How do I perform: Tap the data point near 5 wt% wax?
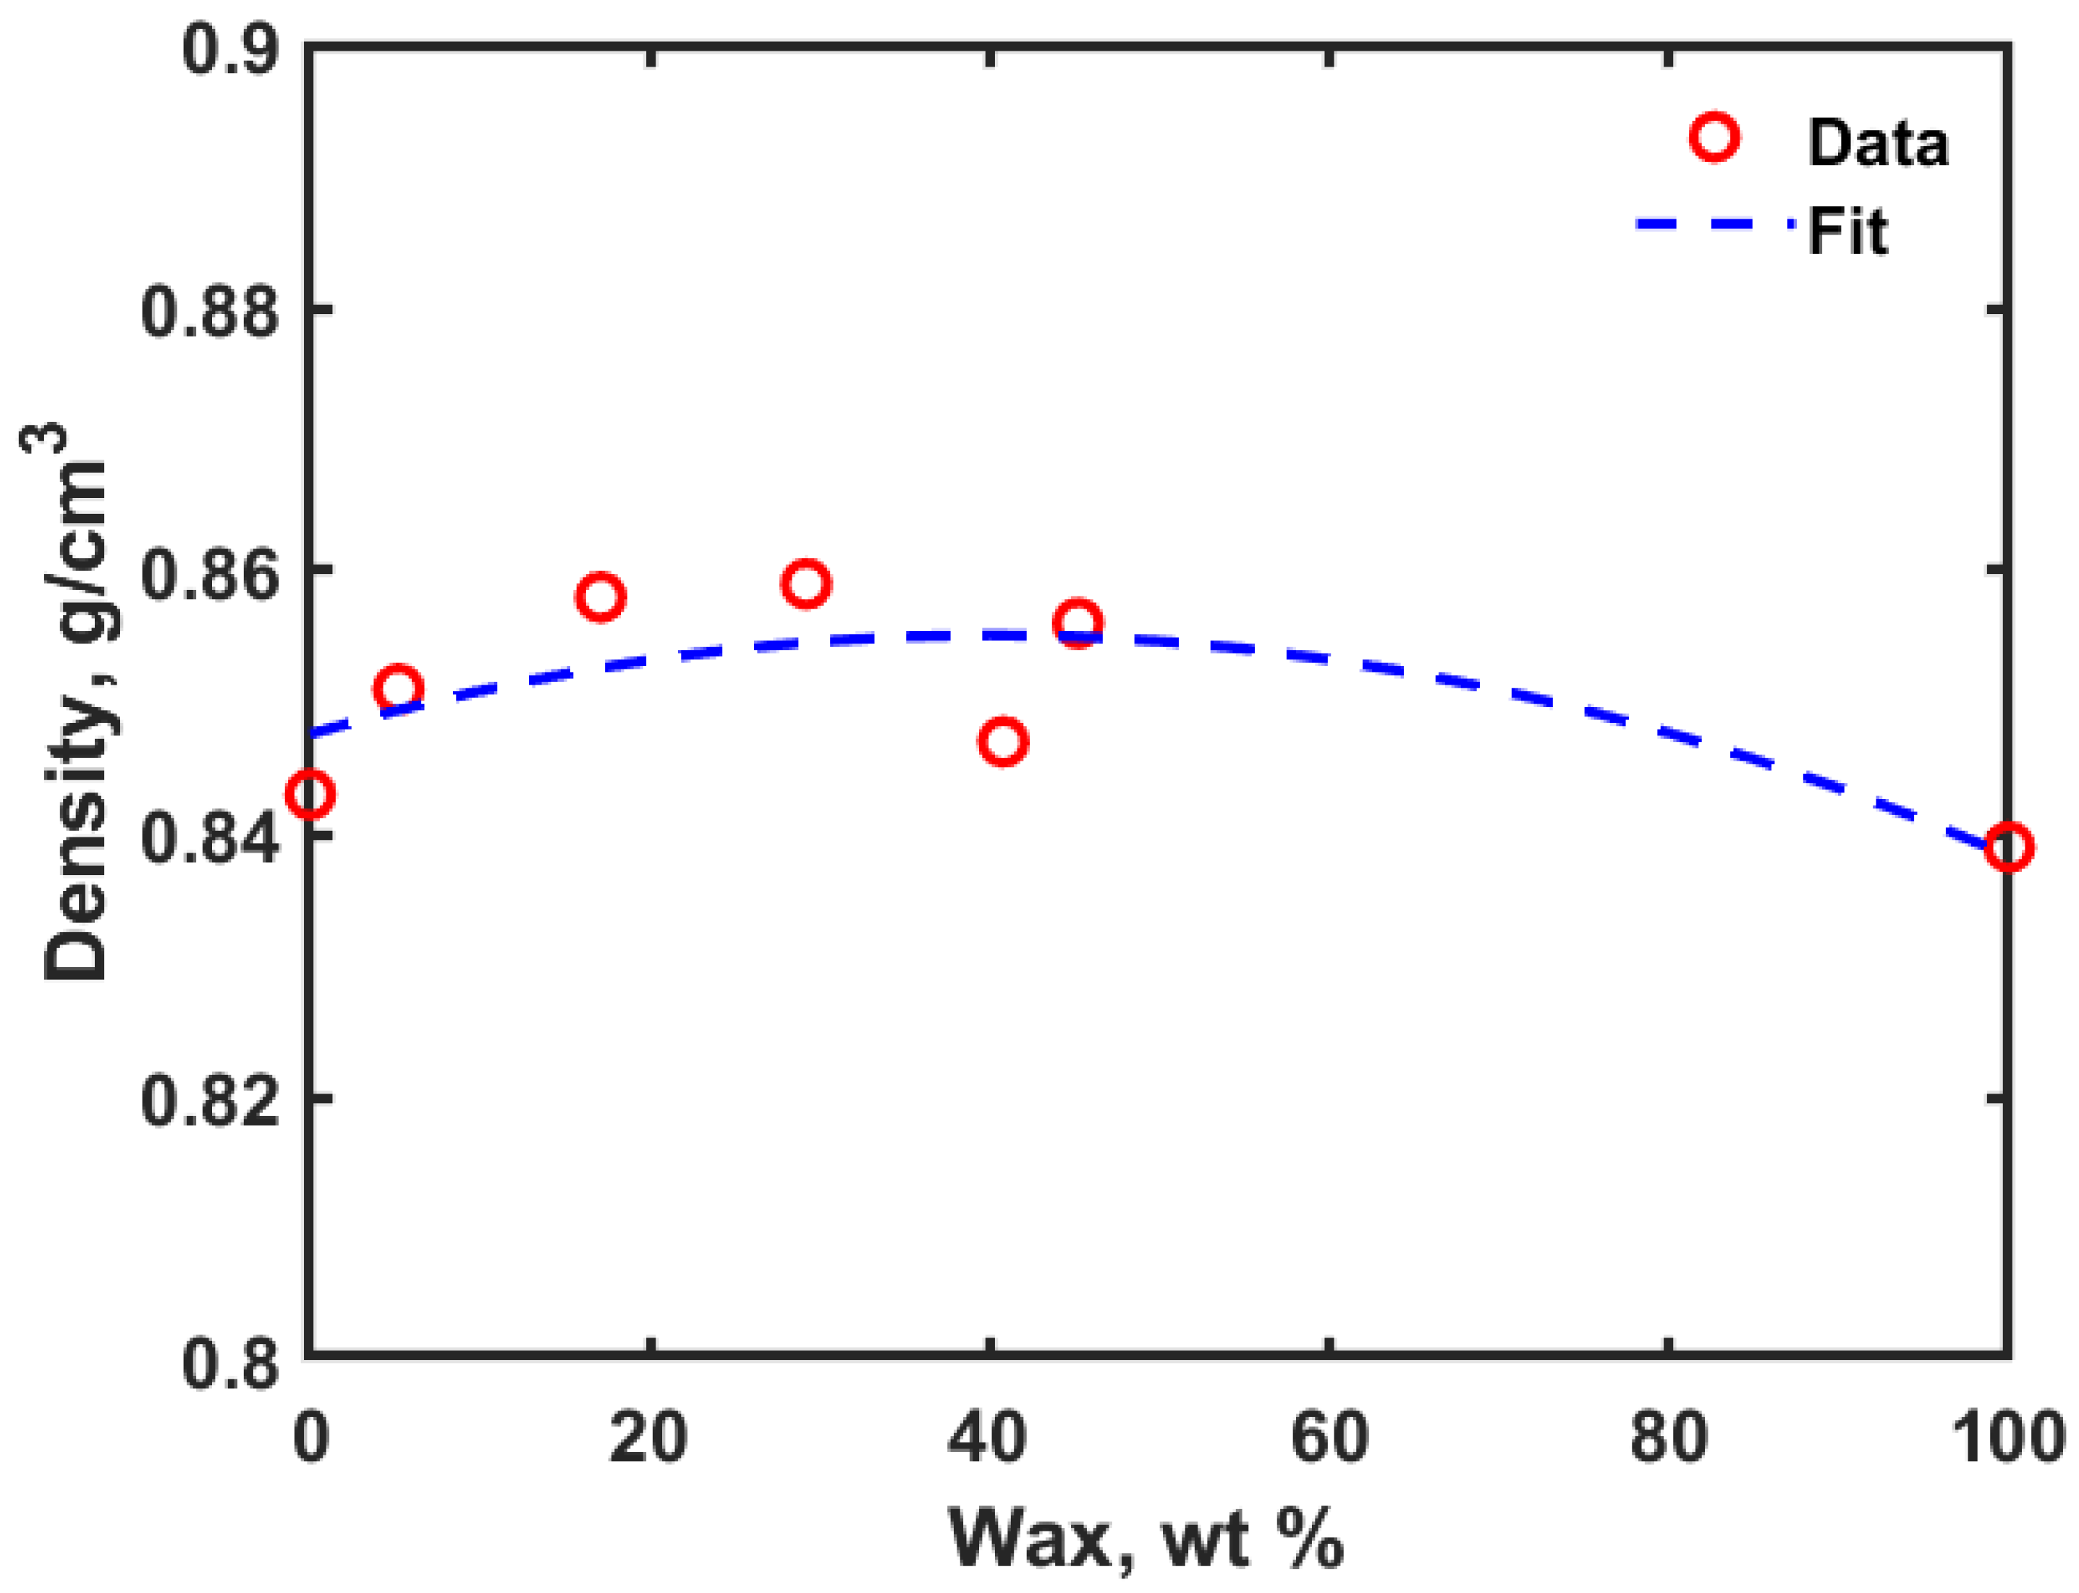pos(398,688)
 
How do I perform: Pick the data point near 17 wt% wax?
pos(600,596)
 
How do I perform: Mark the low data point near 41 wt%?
pos(1003,740)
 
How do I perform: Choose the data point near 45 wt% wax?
pos(1077,622)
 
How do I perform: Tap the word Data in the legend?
pos(1877,144)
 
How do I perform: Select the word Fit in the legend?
pos(1847,230)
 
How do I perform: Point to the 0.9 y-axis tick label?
pos(230,48)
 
